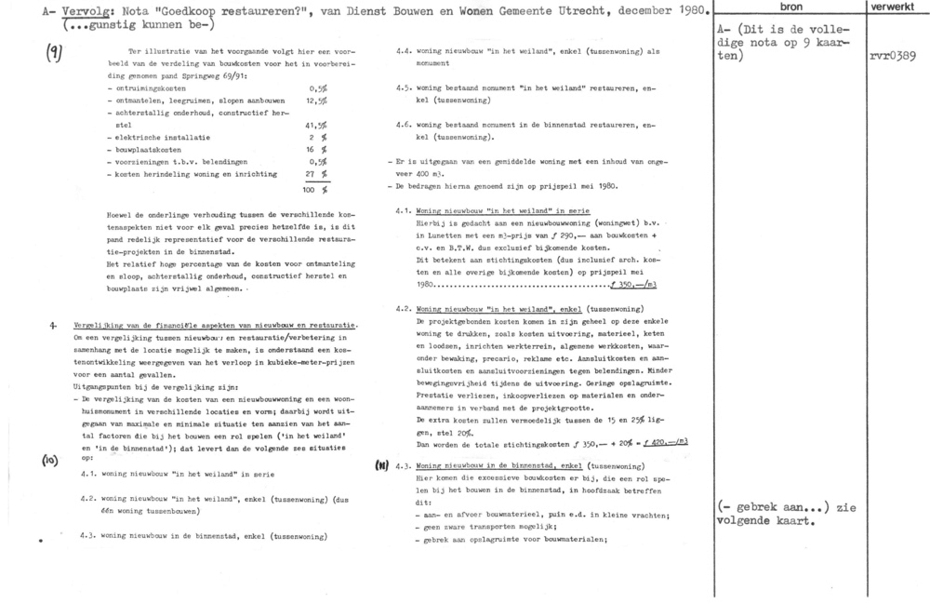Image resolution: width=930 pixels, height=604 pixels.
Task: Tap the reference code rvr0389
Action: pos(896,56)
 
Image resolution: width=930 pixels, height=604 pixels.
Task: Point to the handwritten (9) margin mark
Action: pos(54,54)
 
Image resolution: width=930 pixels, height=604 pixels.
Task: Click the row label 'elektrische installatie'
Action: pos(147,135)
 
